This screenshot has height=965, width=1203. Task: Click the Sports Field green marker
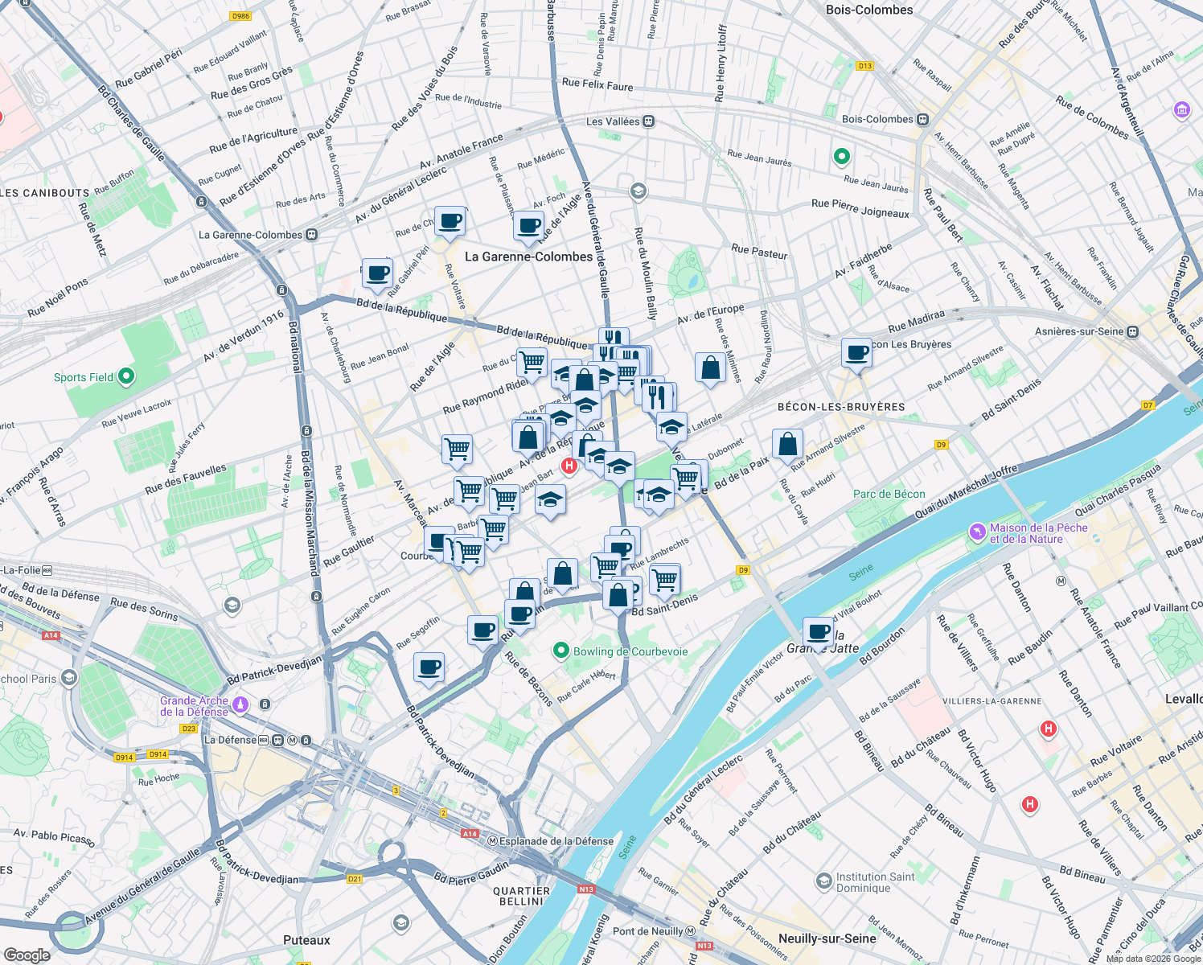pos(125,376)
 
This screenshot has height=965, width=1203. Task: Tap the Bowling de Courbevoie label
pos(630,651)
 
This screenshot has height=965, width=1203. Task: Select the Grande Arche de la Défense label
pos(194,706)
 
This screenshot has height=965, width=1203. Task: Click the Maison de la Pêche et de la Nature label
pos(1038,533)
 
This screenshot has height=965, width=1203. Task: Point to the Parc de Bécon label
pos(889,494)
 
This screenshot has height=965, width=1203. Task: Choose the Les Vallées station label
pos(613,121)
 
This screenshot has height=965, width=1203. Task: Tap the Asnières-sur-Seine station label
pos(1079,331)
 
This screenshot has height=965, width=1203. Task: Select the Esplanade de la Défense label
pos(556,841)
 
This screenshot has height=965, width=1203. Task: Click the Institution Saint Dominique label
pos(875,882)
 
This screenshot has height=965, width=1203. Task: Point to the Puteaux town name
pos(306,940)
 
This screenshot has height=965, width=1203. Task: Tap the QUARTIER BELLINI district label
pos(521,896)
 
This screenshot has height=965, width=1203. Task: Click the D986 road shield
pos(240,16)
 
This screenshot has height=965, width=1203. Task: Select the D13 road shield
pos(864,66)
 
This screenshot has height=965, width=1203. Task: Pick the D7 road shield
pos(1148,404)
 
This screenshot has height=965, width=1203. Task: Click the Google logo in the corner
pos(27,955)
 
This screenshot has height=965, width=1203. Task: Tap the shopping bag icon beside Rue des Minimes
pos(710,368)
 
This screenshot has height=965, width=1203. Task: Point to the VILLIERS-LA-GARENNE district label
pos(992,701)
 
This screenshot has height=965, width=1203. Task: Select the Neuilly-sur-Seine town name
pos(827,938)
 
